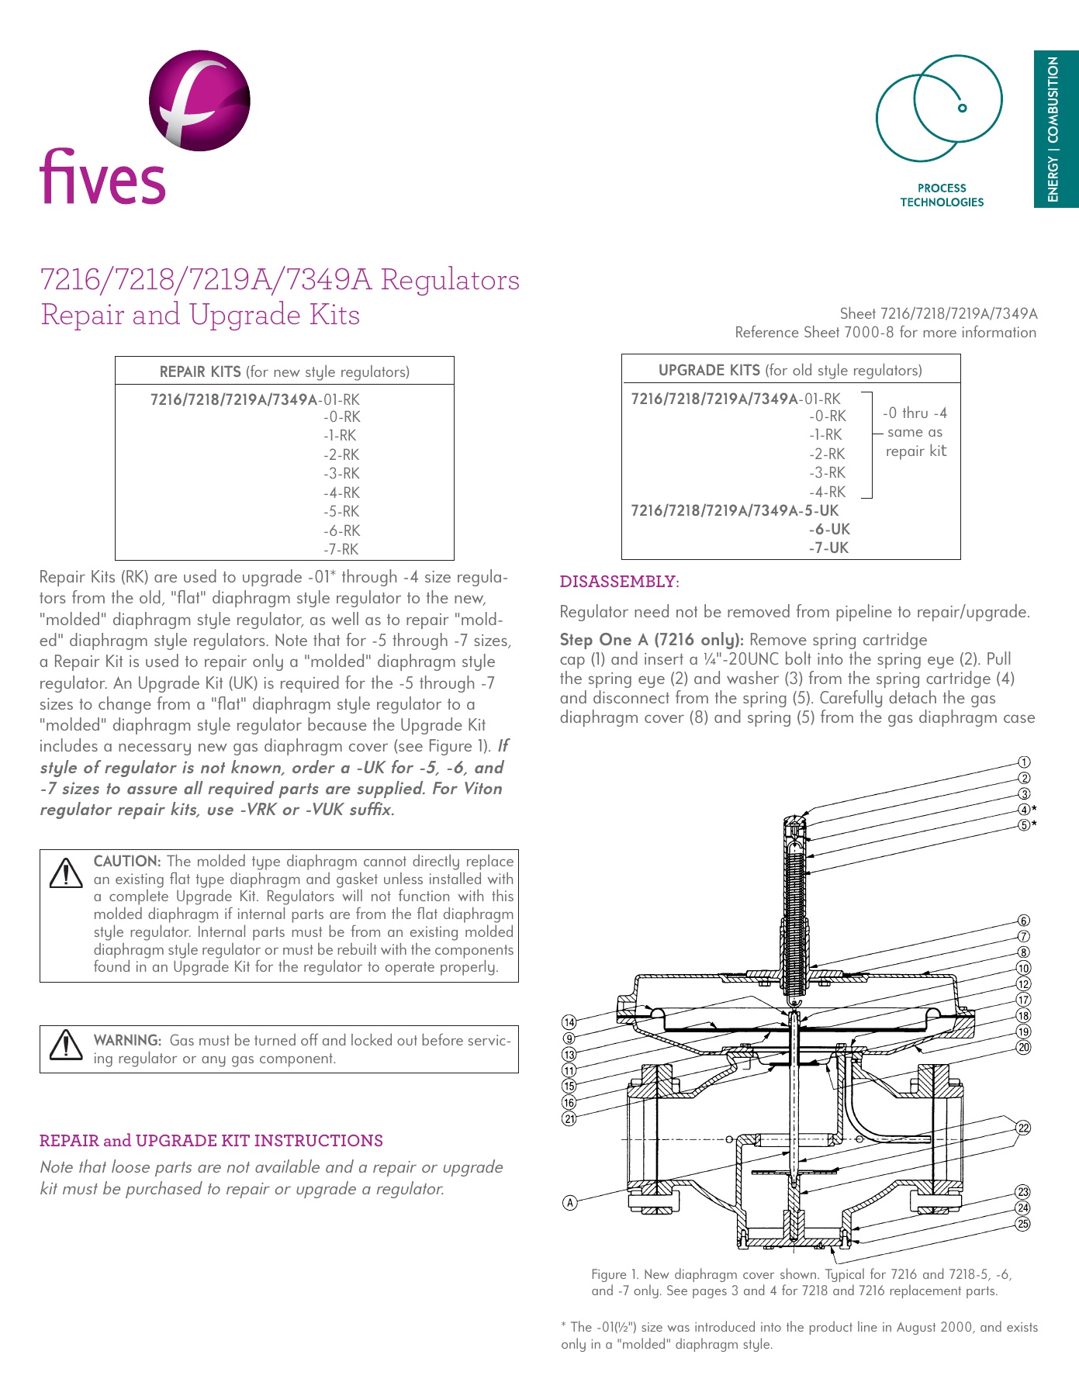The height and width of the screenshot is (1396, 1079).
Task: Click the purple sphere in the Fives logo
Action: [199, 100]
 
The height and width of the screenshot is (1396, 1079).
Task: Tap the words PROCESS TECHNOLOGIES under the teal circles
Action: [941, 195]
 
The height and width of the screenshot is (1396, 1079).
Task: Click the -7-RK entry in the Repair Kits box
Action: [341, 549]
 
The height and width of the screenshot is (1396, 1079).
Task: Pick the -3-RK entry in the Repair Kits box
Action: [341, 473]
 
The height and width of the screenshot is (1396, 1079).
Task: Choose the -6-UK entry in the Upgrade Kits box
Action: [829, 529]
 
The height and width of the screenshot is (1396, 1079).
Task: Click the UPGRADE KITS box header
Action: [790, 370]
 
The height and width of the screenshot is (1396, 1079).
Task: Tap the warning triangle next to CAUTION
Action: [66, 872]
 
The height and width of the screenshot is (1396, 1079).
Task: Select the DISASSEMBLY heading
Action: [619, 582]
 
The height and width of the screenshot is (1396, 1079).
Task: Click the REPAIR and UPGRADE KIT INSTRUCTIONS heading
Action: [211, 1140]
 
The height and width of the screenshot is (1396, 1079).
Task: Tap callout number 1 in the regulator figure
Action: [1024, 762]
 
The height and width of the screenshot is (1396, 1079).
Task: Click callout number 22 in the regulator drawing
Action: [1023, 1128]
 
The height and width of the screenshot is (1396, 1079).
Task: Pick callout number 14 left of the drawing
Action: [569, 1022]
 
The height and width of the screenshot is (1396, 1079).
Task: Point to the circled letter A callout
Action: [570, 1203]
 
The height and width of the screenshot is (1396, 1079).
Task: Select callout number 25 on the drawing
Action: [1023, 1224]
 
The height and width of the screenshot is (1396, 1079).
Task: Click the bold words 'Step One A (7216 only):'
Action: [652, 640]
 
